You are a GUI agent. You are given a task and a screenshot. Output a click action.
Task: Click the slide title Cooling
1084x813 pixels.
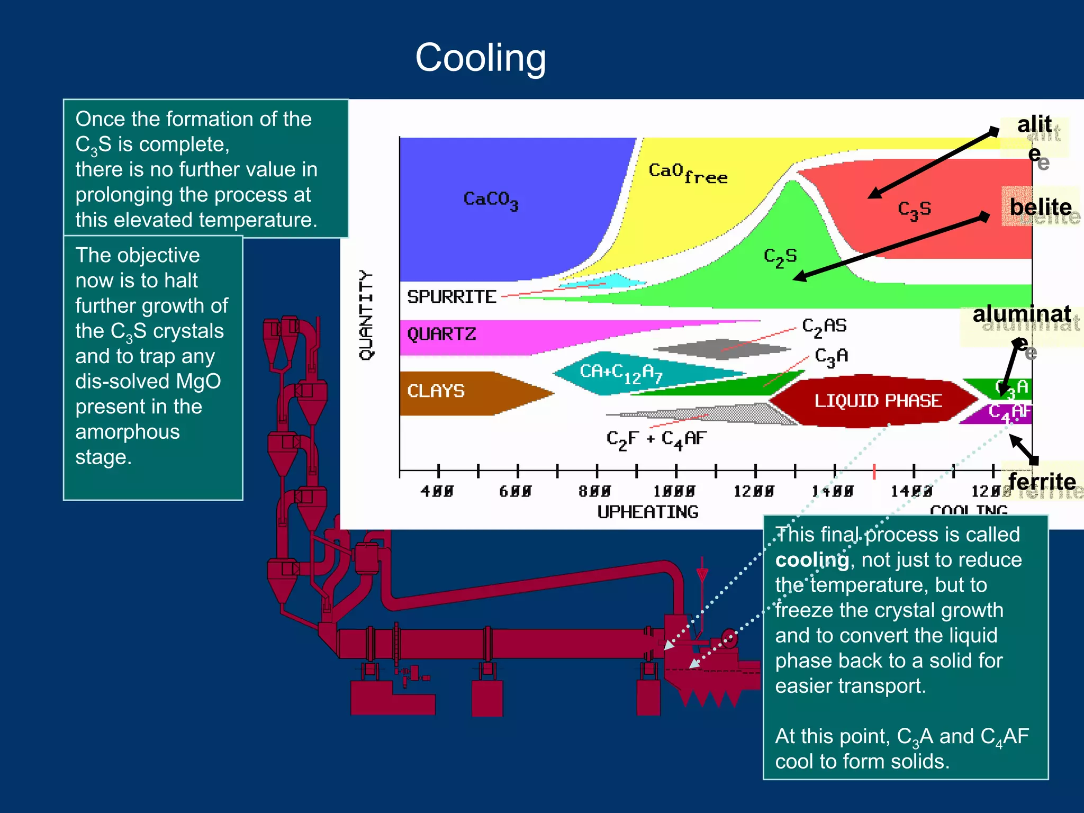(x=480, y=58)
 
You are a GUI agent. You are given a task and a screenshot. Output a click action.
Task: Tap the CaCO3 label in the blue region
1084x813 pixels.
(x=491, y=200)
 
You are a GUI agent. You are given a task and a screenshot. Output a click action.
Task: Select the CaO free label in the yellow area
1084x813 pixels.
(x=688, y=173)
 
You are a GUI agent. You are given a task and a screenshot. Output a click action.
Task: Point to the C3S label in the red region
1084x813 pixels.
(x=914, y=210)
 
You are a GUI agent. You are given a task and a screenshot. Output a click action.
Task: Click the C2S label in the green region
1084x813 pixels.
(x=780, y=257)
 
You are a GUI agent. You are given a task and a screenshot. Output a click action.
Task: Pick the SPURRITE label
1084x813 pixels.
(x=451, y=297)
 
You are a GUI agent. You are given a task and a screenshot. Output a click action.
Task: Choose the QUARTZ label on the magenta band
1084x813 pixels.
(x=441, y=334)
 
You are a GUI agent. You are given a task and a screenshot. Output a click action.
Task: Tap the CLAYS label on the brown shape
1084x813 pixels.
(x=436, y=391)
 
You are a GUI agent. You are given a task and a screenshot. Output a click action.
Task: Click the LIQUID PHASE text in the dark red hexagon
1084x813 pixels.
(x=878, y=401)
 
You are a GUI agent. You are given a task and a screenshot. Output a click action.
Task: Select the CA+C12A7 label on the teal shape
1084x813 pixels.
(x=620, y=373)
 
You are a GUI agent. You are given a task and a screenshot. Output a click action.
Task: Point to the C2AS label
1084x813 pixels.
(x=824, y=327)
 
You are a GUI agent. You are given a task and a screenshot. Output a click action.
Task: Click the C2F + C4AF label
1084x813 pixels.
(x=656, y=439)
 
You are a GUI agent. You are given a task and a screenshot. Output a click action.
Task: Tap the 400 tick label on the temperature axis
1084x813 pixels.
(x=437, y=492)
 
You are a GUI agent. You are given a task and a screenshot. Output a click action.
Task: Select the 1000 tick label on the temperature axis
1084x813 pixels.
(x=674, y=492)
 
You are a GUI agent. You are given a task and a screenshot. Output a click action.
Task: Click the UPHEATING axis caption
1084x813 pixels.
(x=648, y=512)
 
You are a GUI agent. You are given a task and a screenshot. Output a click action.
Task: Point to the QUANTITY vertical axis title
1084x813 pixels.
(x=366, y=315)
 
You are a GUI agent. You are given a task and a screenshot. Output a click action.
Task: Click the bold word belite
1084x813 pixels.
(x=1040, y=207)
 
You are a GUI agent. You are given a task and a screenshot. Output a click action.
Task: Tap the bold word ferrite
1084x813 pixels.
(x=1042, y=482)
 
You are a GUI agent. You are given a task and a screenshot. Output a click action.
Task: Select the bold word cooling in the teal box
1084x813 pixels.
(x=812, y=560)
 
